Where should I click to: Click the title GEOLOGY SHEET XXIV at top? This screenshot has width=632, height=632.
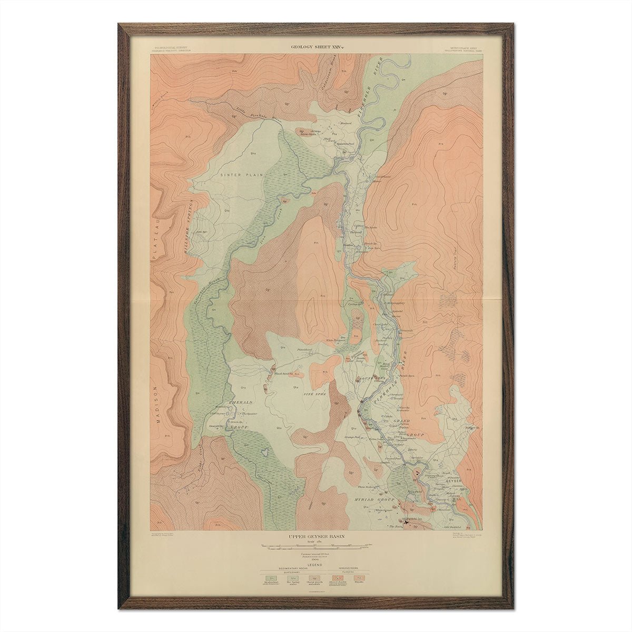[317, 47]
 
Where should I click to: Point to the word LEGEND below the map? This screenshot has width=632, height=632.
[316, 564]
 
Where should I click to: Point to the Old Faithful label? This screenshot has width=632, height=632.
[452, 527]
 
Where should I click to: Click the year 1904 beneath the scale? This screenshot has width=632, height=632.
[316, 559]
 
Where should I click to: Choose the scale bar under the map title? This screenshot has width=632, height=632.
[316, 548]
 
